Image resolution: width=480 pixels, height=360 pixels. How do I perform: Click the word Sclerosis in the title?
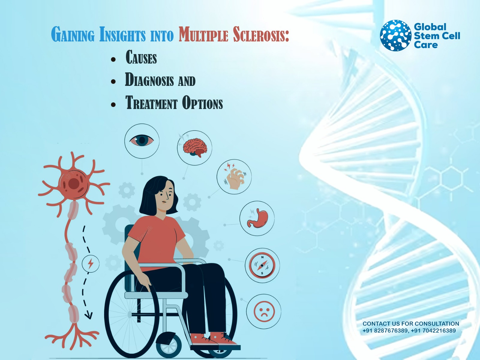coord(261,35)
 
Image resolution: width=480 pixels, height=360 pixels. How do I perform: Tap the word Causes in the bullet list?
coord(141,57)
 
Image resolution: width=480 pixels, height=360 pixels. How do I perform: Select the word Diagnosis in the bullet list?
coord(149,80)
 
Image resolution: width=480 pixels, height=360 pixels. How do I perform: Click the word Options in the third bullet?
coord(202,103)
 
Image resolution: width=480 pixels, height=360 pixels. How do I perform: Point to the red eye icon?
coord(142,141)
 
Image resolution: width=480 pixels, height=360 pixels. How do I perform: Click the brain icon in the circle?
coord(195,147)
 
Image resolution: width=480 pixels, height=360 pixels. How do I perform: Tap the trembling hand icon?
coord(235,177)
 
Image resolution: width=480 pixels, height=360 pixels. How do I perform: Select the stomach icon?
coord(257,218)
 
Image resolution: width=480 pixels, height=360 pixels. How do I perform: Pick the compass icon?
coord(262,265)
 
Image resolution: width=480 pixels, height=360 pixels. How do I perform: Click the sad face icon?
coord(264,311)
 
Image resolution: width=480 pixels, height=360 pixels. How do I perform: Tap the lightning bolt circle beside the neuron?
coord(91,264)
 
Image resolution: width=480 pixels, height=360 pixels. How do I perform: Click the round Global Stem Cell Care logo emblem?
coord(395,35)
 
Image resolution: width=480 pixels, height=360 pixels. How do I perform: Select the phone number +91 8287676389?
coord(385,331)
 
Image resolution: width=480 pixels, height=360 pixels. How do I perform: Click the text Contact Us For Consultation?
coord(411,324)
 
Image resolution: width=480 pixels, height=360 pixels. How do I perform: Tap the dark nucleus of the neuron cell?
coord(74,183)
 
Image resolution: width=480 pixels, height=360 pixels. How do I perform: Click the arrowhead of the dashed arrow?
coord(88,315)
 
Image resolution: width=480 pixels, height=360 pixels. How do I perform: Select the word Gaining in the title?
coord(73,35)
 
